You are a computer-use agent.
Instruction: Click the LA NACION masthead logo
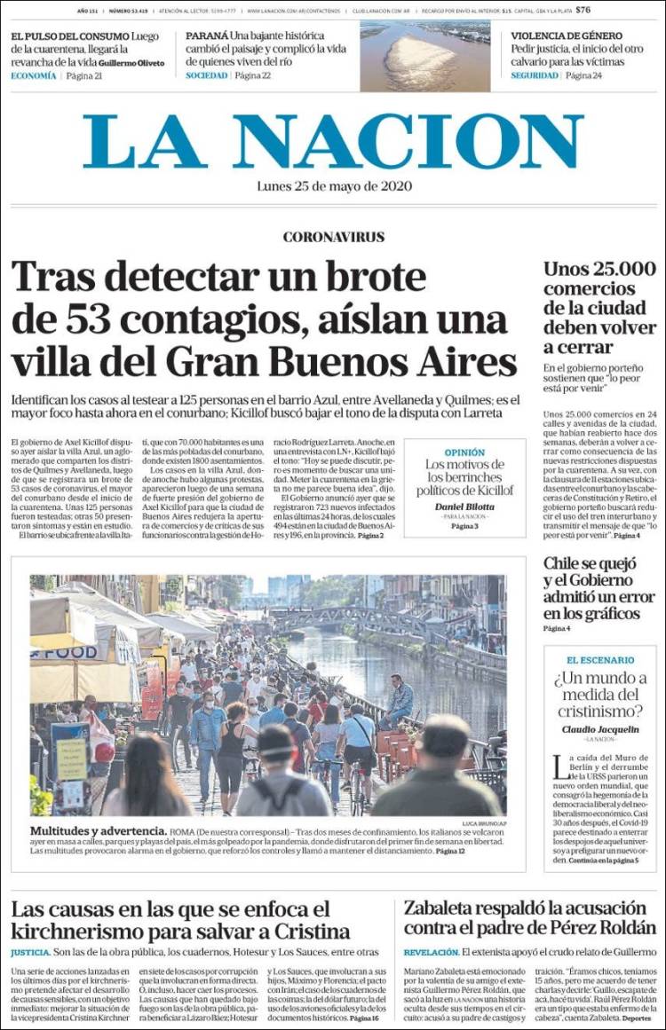(x=333, y=142)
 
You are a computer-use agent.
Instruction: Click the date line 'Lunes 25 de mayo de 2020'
(x=333, y=187)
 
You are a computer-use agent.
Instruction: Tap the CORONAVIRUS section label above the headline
(x=333, y=237)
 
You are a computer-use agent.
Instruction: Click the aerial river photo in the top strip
(x=424, y=57)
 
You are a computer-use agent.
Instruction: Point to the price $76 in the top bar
(x=583, y=11)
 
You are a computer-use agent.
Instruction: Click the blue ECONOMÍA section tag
(x=33, y=76)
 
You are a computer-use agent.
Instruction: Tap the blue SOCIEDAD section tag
(x=206, y=76)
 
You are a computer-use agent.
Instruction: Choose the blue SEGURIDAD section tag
(x=535, y=76)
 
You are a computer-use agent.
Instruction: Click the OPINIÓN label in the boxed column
(x=464, y=452)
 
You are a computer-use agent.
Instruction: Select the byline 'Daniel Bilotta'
(x=464, y=507)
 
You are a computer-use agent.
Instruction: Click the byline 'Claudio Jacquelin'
(x=599, y=729)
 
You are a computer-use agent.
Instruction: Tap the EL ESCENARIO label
(x=599, y=660)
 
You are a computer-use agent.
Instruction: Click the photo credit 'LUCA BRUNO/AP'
(x=484, y=823)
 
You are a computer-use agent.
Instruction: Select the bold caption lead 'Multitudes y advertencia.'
(x=99, y=831)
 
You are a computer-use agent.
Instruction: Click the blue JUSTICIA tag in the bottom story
(x=30, y=952)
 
